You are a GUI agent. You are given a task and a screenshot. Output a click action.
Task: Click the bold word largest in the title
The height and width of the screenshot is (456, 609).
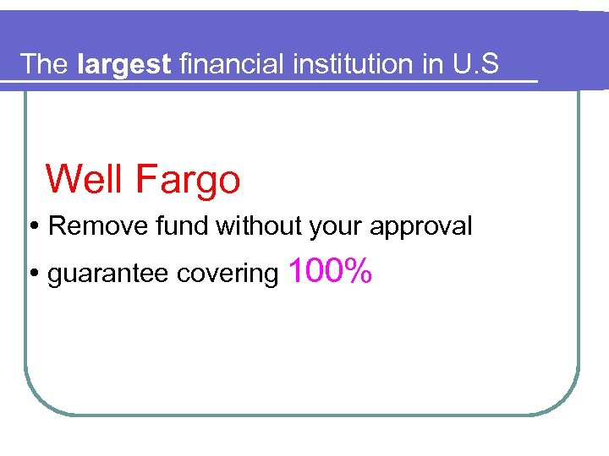tap(123, 64)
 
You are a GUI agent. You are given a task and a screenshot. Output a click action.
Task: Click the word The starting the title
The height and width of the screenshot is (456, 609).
tap(43, 64)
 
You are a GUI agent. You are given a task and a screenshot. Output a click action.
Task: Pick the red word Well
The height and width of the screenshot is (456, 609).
tap(84, 179)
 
